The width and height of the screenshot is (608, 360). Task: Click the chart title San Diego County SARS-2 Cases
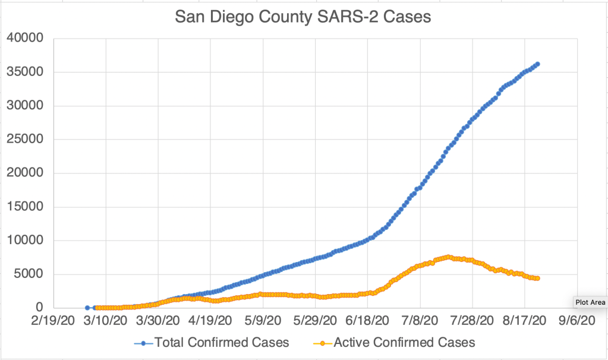pos(303,18)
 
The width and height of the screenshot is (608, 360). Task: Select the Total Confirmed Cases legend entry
pos(219,342)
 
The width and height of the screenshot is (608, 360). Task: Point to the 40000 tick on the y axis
pos(26,39)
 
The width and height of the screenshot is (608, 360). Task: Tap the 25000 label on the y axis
pos(26,140)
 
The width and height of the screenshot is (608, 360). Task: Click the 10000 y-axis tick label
pos(26,241)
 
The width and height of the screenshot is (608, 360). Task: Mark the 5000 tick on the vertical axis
pos(29,274)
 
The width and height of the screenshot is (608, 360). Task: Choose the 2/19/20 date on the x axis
pos(53,321)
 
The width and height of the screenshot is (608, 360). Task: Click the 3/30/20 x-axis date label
pos(159,321)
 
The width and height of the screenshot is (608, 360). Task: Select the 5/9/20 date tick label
pos(263,321)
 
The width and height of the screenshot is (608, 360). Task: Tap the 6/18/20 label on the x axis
pos(368,321)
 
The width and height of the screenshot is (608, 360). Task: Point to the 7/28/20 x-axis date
pos(473,321)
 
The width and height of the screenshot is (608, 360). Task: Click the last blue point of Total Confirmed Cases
pos(537,64)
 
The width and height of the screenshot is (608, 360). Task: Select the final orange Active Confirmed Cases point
pos(537,279)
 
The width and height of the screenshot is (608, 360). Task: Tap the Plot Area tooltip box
pos(590,302)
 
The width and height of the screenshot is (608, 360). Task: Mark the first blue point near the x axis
pos(87,308)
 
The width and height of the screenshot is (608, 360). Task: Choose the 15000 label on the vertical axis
pos(26,207)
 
